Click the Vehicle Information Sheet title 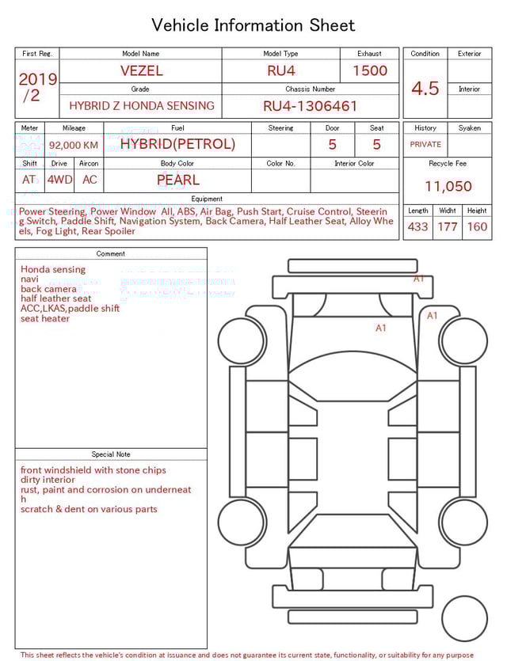pos(253,25)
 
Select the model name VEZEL pos(141,70)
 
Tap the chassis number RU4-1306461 pos(310,105)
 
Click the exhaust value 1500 pos(369,70)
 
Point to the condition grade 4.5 pos(425,88)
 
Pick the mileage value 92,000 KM pos(74,145)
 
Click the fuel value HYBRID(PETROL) pos(177,144)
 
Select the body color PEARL pos(177,180)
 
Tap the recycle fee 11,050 pos(448,186)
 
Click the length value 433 pos(417,226)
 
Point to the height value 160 pos(477,226)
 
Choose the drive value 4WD pos(59,180)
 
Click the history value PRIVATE pos(425,145)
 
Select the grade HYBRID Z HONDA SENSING pos(141,105)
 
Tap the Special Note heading pos(111,454)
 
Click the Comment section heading pos(111,254)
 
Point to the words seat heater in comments pos(45,319)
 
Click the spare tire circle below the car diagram pos(465,618)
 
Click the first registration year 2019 pos(37,79)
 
